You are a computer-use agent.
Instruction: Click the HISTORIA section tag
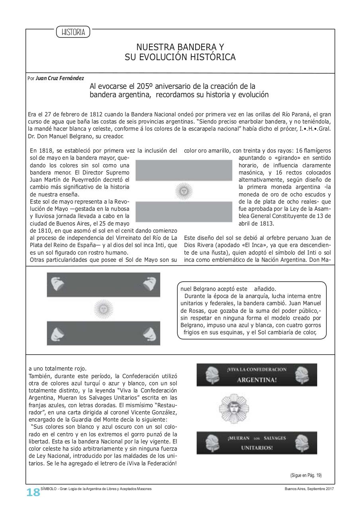tap(73, 32)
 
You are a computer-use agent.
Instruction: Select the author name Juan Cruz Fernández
tap(60, 78)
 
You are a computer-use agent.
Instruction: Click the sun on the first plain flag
tap(184, 191)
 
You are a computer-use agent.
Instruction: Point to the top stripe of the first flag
tap(184, 170)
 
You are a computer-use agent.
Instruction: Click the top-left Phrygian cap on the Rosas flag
tap(57, 283)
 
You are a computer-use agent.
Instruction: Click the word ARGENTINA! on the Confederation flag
tap(257, 380)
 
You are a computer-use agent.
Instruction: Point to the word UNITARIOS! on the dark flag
tap(257, 448)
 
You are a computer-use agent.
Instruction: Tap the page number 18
tap(33, 492)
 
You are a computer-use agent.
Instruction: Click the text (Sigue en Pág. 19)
tap(306, 475)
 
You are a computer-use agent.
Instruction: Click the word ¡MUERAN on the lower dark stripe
tap(239, 438)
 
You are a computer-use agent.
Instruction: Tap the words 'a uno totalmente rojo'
tap(57, 368)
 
